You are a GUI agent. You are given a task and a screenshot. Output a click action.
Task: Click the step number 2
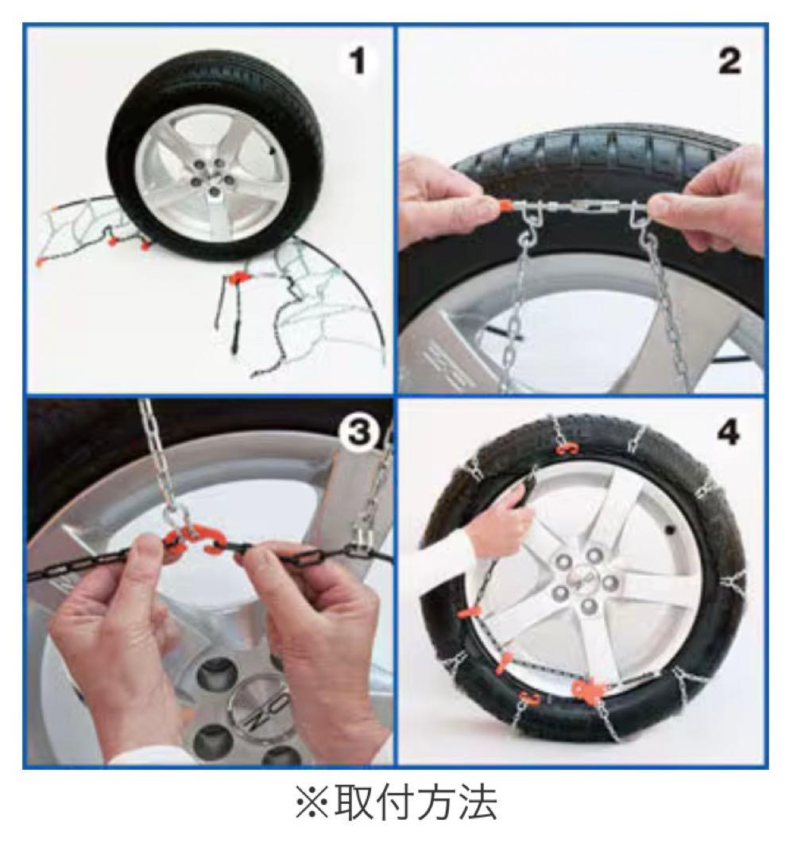click(729, 60)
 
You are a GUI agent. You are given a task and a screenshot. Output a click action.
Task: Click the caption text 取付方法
click(416, 802)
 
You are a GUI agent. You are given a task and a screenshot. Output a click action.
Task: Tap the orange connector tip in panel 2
click(504, 207)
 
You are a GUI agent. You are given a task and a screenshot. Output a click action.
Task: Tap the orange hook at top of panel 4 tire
click(568, 449)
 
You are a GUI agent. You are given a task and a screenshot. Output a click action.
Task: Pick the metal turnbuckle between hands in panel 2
click(580, 207)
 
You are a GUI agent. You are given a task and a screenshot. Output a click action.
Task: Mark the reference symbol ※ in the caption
click(312, 803)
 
